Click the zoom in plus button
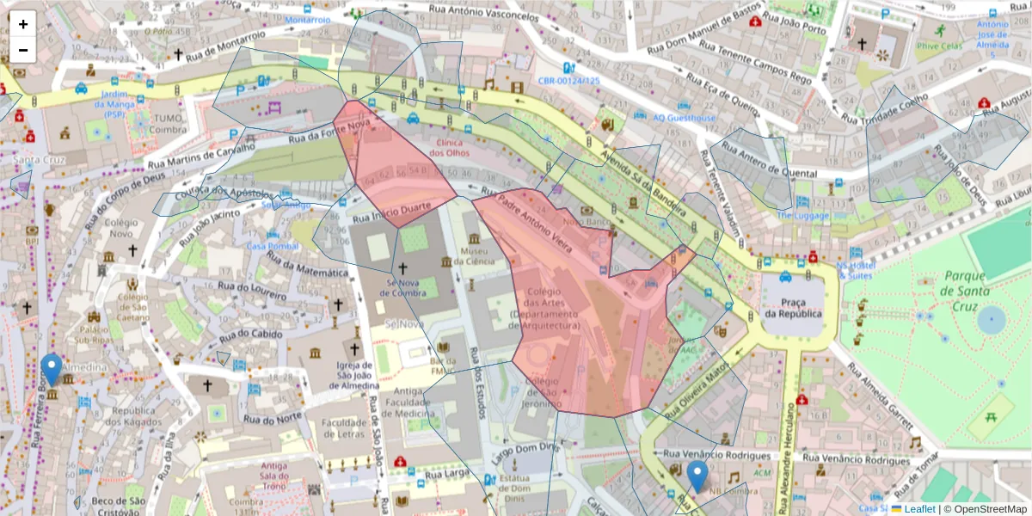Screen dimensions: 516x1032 (23, 24)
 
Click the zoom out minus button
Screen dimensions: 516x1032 (23, 50)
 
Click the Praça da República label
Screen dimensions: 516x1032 (792, 307)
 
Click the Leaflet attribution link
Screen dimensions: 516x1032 (919, 509)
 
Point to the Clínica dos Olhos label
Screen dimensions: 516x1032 (457, 147)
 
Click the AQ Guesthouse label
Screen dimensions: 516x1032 (684, 118)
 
